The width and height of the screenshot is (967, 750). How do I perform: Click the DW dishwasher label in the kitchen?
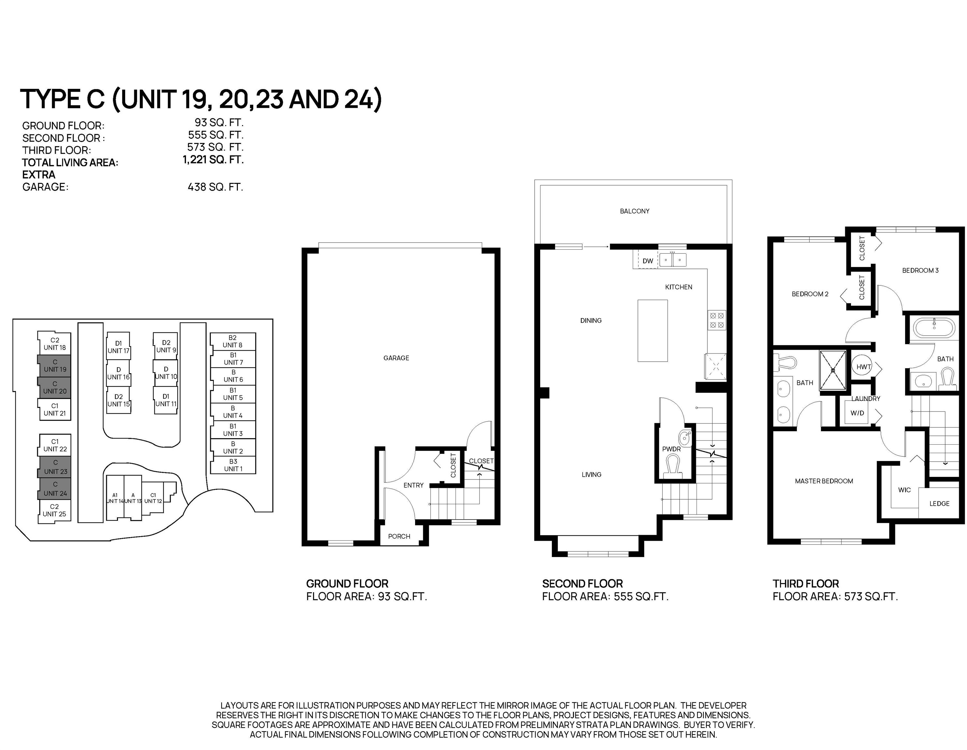pyautogui.click(x=648, y=261)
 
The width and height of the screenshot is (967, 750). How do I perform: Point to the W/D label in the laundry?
pyautogui.click(x=857, y=413)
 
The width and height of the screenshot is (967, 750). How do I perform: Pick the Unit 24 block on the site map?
pyautogui.click(x=55, y=489)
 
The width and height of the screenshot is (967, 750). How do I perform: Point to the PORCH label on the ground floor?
pyautogui.click(x=399, y=536)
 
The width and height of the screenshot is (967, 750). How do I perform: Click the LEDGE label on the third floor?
pyautogui.click(x=939, y=504)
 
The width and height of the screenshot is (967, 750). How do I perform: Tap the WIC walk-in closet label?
pyautogui.click(x=904, y=490)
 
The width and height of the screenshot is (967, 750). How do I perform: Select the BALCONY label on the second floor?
pyautogui.click(x=634, y=211)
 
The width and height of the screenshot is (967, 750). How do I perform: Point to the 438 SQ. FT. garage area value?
pyautogui.click(x=215, y=187)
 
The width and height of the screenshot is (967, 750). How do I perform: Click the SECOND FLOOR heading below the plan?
pyautogui.click(x=582, y=583)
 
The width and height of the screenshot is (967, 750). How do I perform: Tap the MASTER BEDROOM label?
pyautogui.click(x=824, y=481)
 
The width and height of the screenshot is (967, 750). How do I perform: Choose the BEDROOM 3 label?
pyautogui.click(x=920, y=271)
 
